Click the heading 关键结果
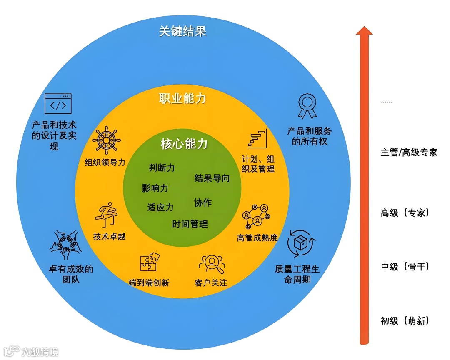[182, 31]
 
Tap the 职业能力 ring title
[182, 99]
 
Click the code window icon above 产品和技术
[58, 104]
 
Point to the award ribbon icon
[307, 107]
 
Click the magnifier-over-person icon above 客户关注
[212, 263]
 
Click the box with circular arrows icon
[301, 243]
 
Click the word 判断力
[162, 168]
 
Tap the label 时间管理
[190, 224]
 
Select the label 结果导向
[212, 178]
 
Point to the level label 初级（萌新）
[405, 320]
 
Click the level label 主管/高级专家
[409, 152]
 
